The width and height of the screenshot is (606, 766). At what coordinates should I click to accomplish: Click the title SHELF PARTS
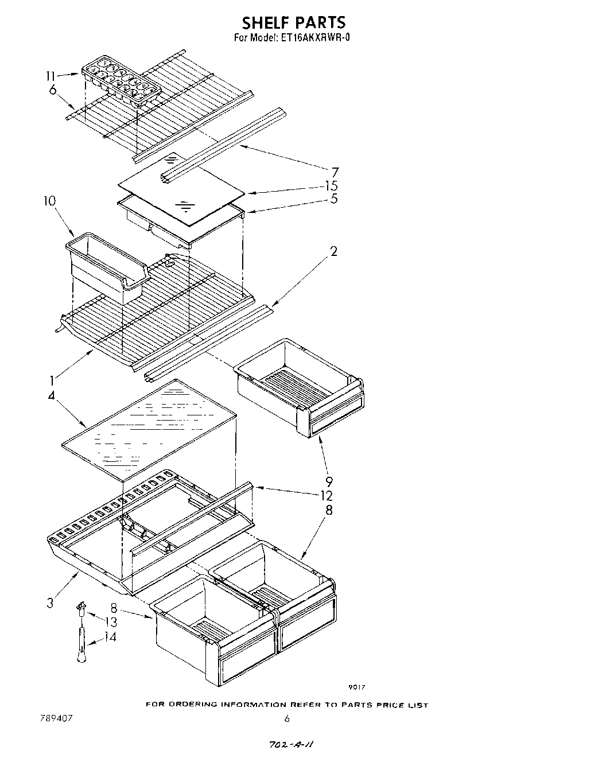293,22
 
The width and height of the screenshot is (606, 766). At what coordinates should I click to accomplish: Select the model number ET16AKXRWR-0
315,39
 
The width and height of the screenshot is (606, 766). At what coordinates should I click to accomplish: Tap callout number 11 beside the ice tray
52,76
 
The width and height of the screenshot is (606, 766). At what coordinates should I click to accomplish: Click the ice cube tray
121,81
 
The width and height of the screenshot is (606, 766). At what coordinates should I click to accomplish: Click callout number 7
335,172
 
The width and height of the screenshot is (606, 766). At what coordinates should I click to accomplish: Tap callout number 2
333,251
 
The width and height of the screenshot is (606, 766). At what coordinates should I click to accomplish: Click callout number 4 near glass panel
52,396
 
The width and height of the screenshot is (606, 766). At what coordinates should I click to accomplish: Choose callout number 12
327,496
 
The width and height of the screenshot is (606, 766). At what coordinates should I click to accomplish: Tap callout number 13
111,621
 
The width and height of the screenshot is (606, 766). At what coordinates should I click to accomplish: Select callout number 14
111,636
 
